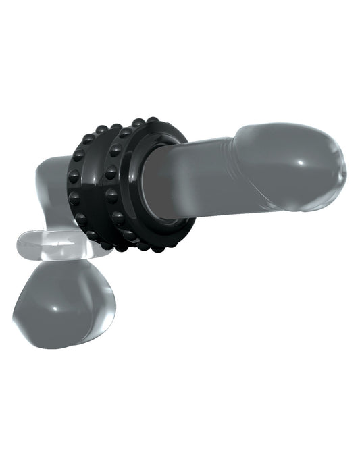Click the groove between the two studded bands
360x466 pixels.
[x=101, y=186]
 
